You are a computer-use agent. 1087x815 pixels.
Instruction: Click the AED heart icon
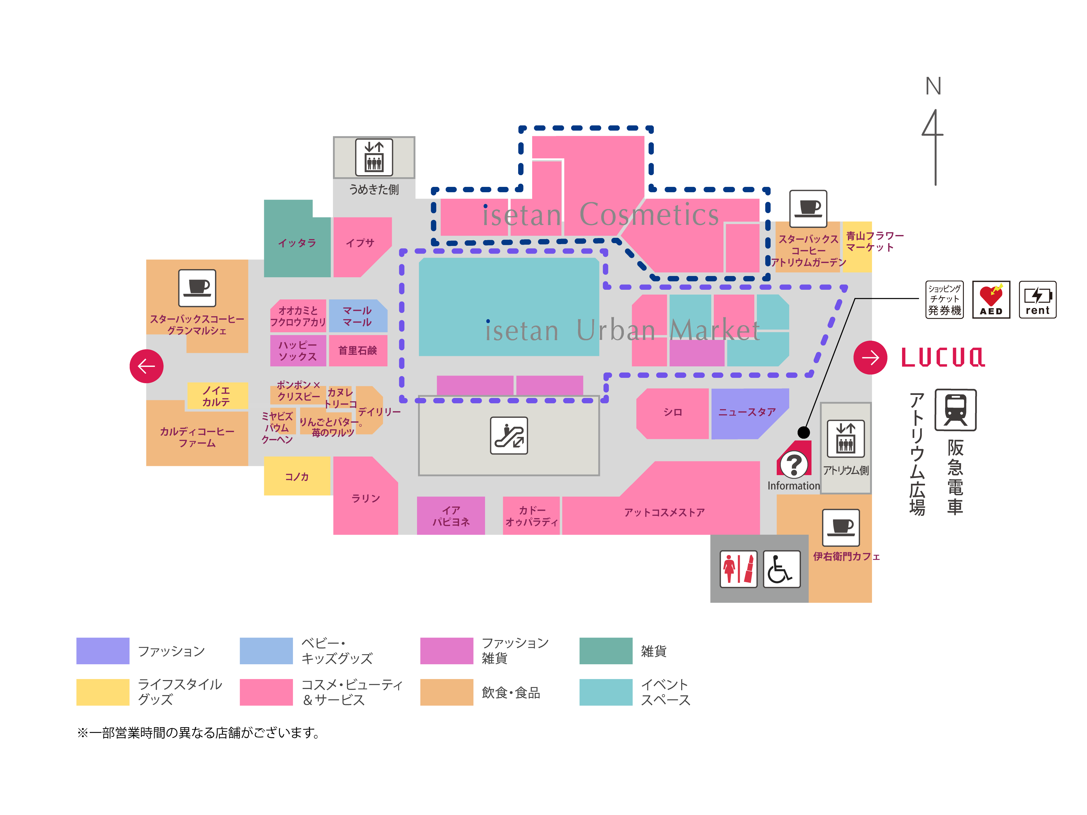[x=991, y=299]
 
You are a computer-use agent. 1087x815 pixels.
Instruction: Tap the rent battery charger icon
[x=1037, y=299]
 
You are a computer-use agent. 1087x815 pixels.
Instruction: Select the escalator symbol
[x=509, y=435]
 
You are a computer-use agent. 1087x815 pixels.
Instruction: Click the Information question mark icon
[x=794, y=464]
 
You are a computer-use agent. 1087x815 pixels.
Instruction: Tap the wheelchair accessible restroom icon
[x=781, y=569]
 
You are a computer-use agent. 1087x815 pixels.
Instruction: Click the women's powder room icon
[x=738, y=569]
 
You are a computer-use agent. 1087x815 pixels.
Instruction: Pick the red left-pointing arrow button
[x=146, y=366]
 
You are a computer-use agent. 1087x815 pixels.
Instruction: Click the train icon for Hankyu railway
[x=955, y=410]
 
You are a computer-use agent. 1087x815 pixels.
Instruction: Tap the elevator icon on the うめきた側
[x=374, y=157]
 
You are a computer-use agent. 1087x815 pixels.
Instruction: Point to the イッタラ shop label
[x=297, y=243]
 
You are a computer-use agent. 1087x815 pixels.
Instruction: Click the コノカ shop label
[x=297, y=477]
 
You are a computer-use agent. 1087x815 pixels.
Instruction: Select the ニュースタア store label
[x=747, y=412]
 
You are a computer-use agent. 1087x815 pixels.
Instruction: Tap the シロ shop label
[x=672, y=412]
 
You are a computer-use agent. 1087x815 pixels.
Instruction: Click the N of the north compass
[x=933, y=87]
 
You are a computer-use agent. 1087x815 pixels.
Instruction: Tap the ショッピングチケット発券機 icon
[x=944, y=299]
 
